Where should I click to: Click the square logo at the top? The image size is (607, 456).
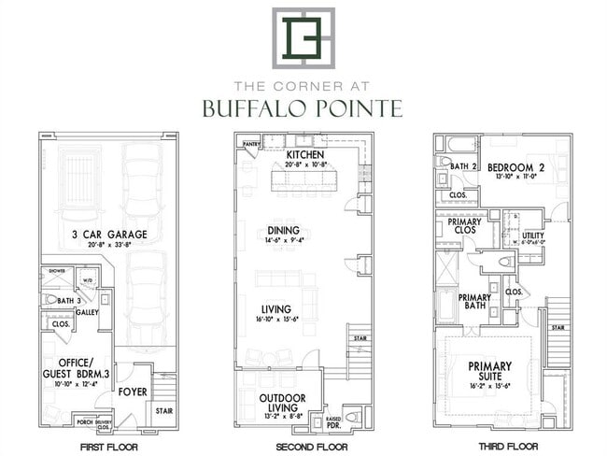tap(303, 37)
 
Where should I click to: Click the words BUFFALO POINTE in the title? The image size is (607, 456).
tap(303, 108)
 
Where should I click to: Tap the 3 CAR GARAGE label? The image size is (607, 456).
tap(106, 234)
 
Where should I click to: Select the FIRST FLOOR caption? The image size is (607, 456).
tap(106, 448)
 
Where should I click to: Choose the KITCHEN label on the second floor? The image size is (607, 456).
tap(305, 154)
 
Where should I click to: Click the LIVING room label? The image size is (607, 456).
tap(276, 308)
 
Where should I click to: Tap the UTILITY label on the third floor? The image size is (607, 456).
tap(533, 235)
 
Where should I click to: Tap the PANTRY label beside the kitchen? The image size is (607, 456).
tap(250, 145)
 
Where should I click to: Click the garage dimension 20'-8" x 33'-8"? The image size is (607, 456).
tap(106, 246)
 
